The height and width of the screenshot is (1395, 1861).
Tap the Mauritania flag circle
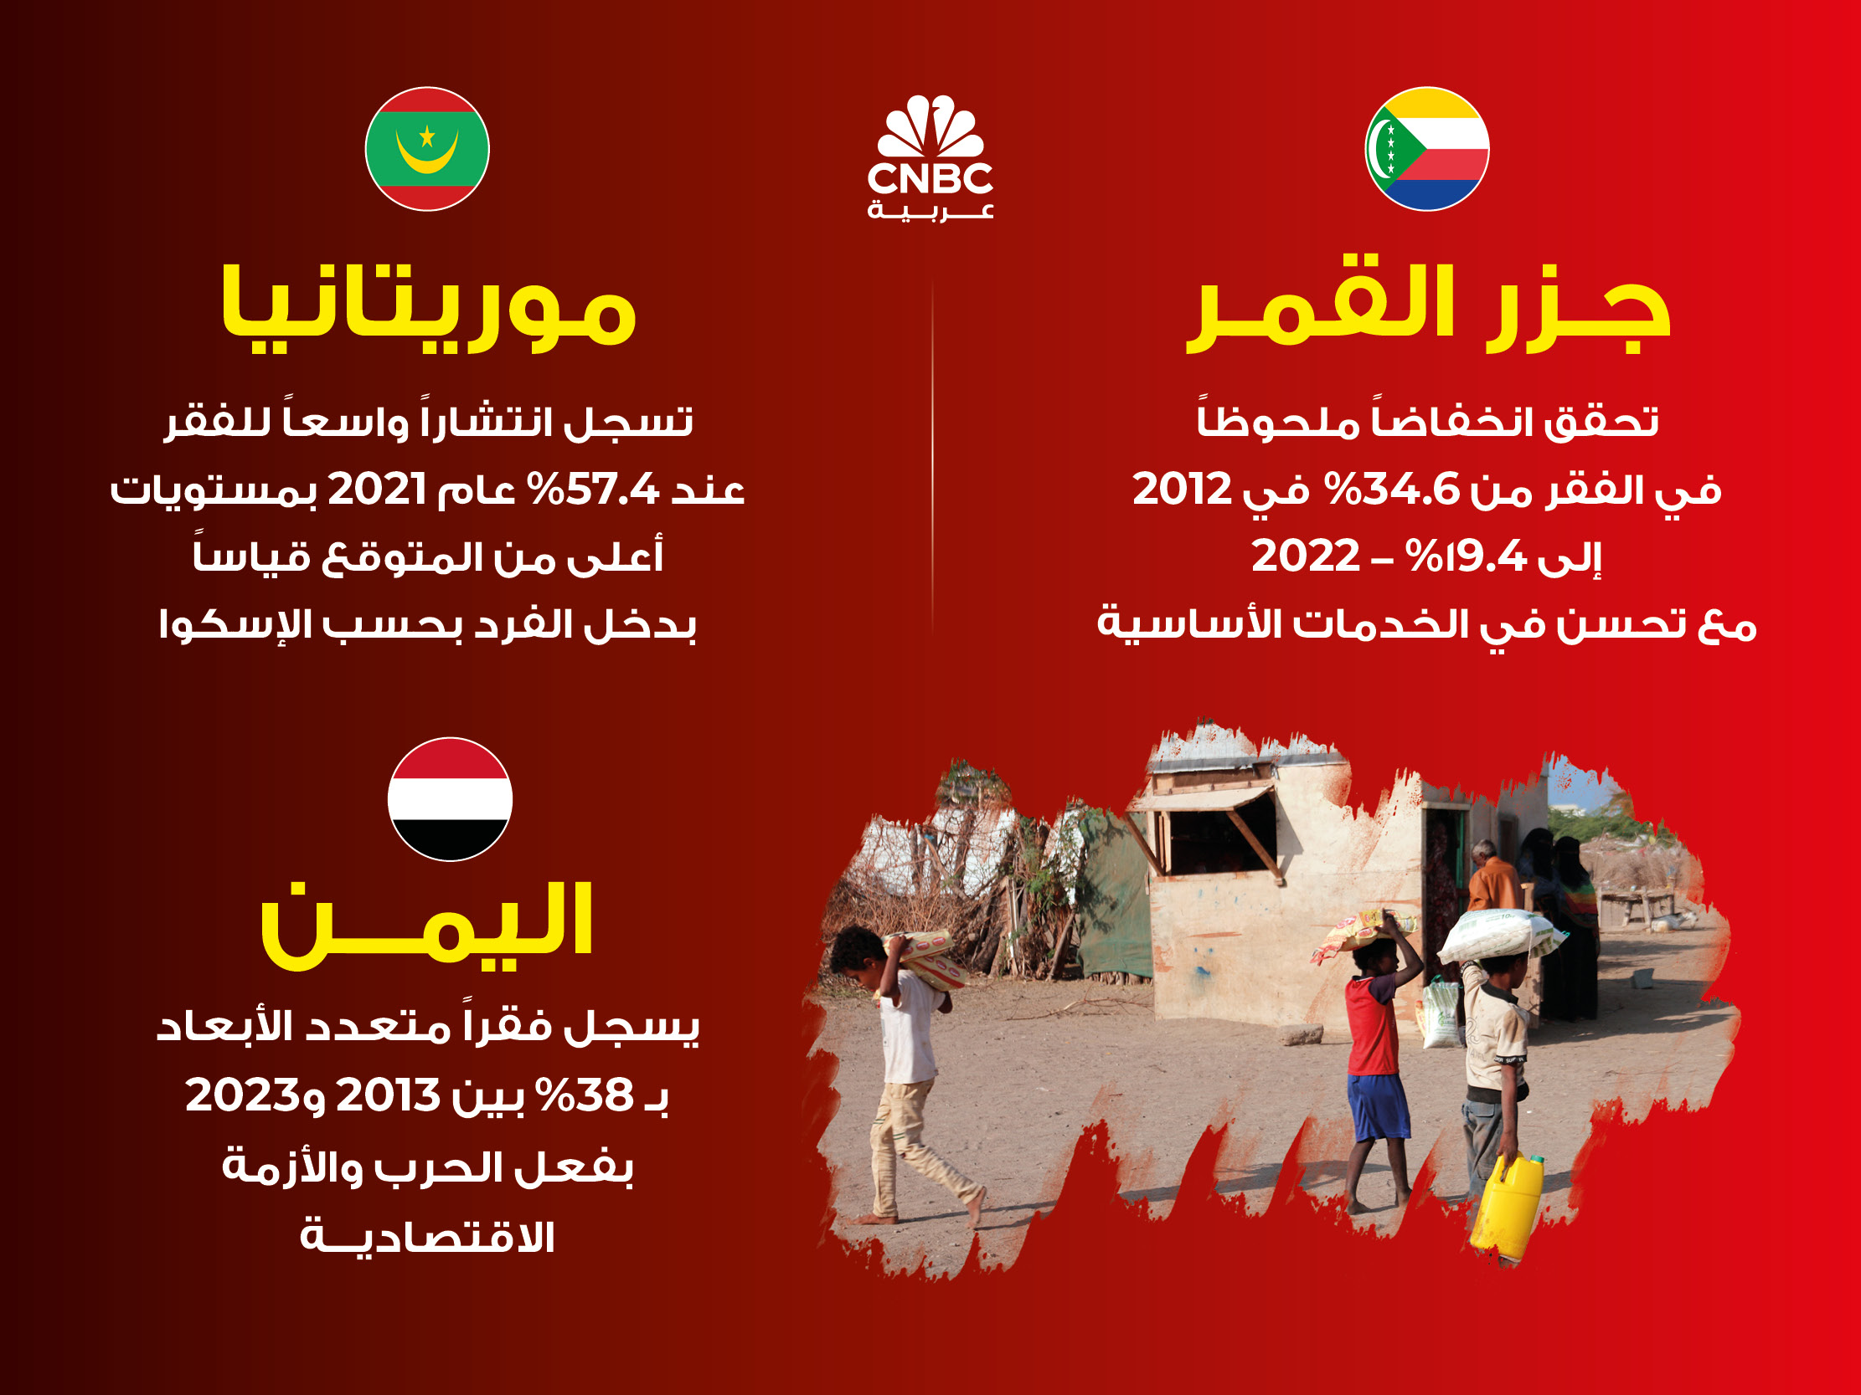point(427,149)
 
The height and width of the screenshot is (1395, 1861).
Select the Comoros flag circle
point(1427,149)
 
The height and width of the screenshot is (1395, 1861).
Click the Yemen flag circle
point(450,799)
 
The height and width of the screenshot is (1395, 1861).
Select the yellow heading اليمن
point(427,925)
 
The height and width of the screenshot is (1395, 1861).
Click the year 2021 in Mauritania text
point(377,489)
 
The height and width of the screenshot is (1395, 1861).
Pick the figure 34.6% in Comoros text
point(1392,489)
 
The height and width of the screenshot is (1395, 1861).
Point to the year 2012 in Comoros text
point(1182,489)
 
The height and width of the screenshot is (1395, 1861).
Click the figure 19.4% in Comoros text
point(1467,556)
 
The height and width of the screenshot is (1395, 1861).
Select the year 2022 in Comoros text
point(1306,556)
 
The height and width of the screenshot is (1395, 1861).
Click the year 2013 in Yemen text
point(388,1095)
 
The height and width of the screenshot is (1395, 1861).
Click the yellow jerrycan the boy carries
point(1507,1203)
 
